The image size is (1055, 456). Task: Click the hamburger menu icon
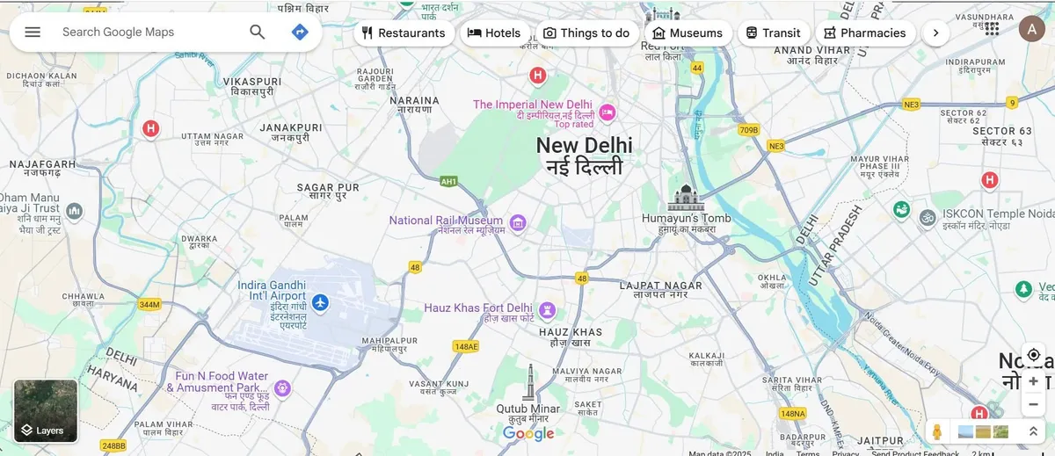(33, 32)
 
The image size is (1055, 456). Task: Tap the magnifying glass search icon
(257, 32)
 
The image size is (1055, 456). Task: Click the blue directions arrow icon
(300, 32)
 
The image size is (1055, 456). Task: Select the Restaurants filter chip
(404, 33)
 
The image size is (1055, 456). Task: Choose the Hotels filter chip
(494, 33)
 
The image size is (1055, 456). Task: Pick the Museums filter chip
(688, 33)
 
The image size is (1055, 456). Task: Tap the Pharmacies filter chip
(864, 33)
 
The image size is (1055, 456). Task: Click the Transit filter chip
(773, 33)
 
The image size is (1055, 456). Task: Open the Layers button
(46, 410)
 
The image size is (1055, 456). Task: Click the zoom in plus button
(1033, 381)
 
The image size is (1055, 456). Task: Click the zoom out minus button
(1033, 405)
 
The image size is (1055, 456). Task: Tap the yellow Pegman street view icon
(937, 431)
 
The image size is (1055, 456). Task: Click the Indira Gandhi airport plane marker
(320, 303)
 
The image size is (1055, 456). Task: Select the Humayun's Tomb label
(686, 218)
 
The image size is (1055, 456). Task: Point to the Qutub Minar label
(527, 409)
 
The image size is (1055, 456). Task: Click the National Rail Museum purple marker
(518, 221)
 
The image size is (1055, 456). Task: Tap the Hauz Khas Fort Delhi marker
(548, 309)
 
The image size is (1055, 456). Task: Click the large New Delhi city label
(584, 146)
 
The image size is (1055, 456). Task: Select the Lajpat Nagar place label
(660, 286)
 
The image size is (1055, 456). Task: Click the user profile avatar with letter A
(1032, 29)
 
